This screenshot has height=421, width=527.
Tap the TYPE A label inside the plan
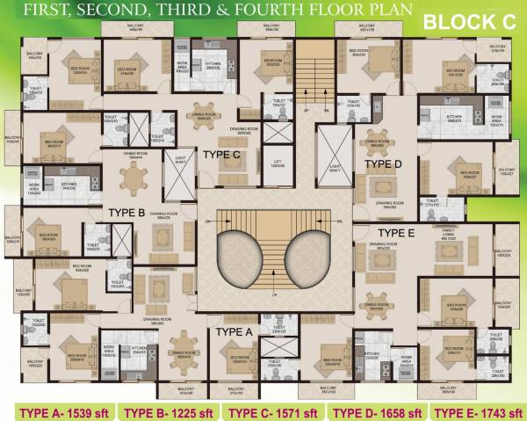coord(235,331)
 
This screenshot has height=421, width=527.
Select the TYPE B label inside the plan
coord(126,213)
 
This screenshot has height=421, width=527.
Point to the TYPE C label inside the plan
coord(221,155)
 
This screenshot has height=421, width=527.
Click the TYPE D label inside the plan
coord(383,163)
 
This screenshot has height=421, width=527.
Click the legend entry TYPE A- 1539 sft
coord(57,410)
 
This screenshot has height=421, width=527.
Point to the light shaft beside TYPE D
coord(332,155)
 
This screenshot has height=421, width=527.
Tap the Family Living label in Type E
coord(435,235)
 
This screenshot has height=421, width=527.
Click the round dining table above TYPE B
coord(134,180)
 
